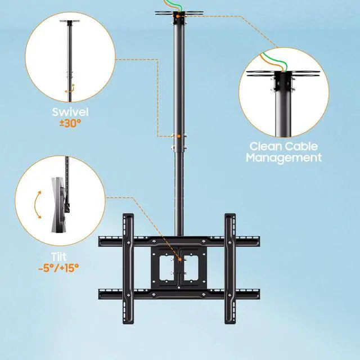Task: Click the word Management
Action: pyautogui.click(x=285, y=157)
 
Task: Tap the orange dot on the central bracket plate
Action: pyautogui.click(x=180, y=259)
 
